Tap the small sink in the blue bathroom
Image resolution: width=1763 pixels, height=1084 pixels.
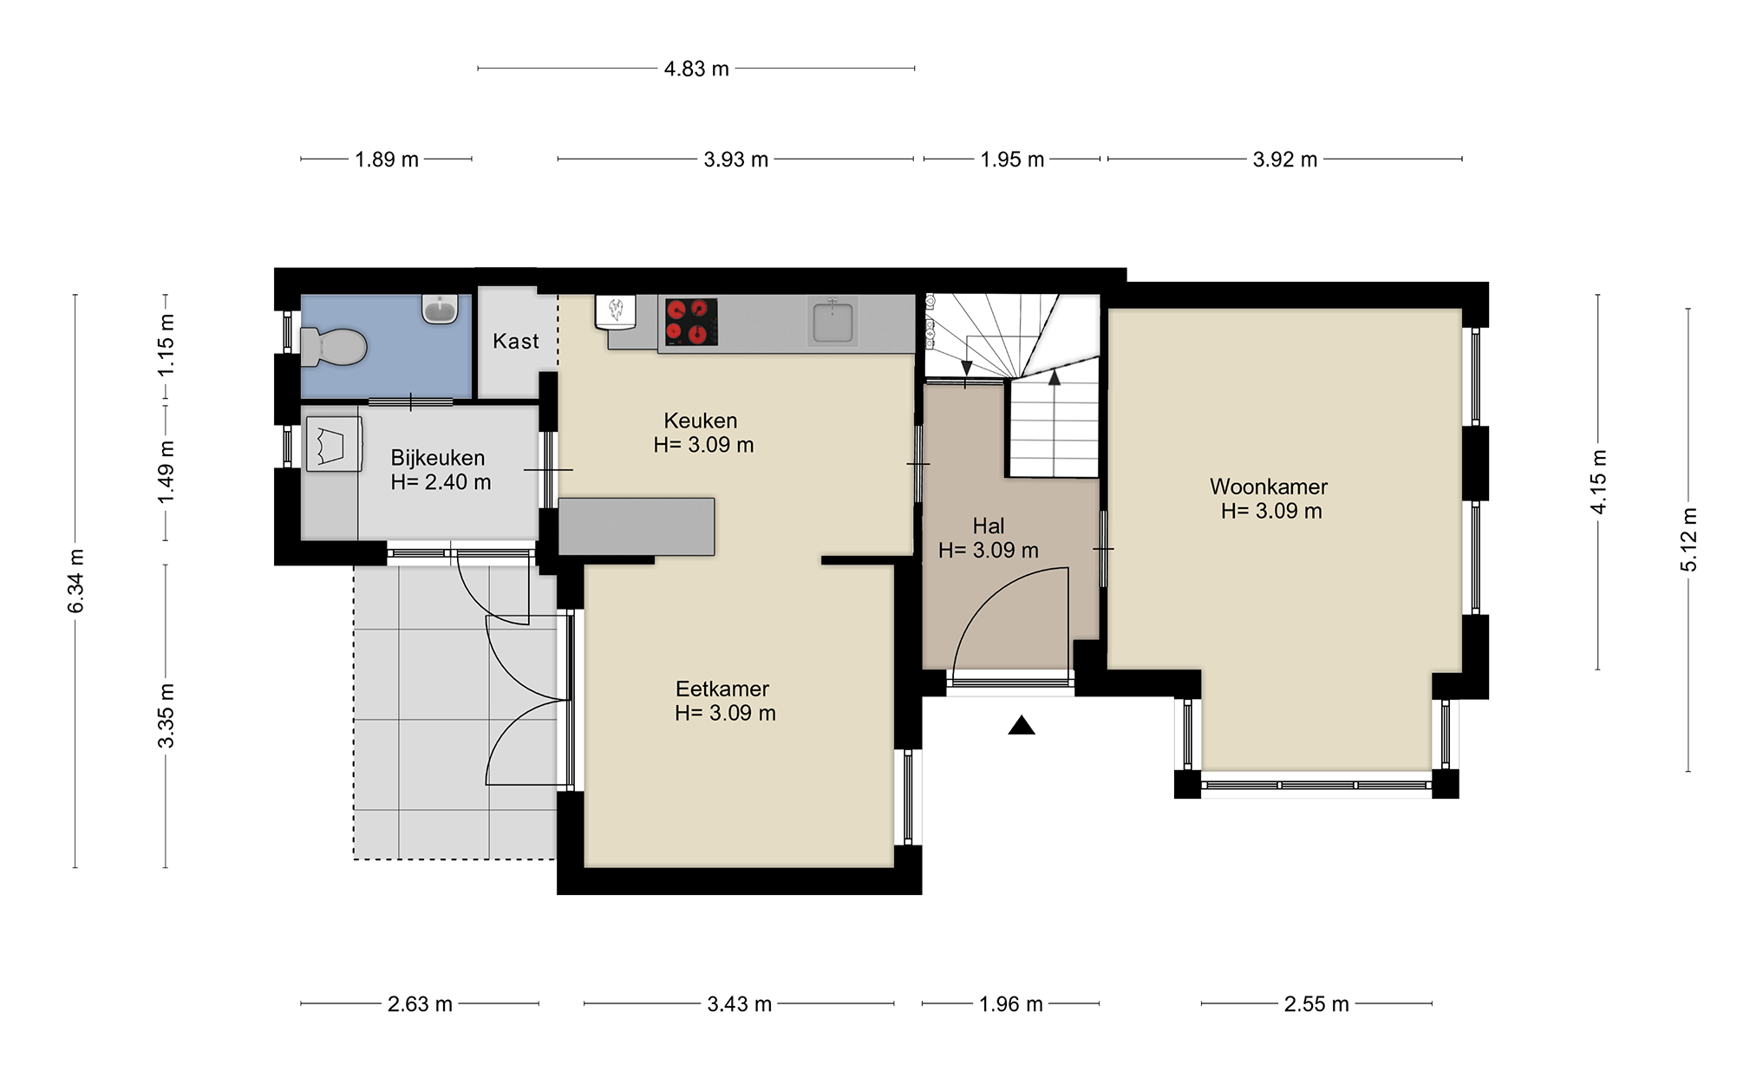click(x=441, y=309)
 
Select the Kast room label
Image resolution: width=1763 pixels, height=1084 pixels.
click(x=516, y=342)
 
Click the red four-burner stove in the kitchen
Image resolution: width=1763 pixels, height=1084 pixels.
click(x=691, y=322)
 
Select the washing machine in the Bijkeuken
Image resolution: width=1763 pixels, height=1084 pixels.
click(x=333, y=445)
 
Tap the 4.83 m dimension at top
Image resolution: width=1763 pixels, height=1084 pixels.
click(x=696, y=69)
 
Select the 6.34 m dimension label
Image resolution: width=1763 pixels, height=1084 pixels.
click(x=76, y=581)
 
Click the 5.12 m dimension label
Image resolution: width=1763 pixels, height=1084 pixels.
click(x=1688, y=539)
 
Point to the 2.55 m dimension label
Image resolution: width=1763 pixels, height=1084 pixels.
click(x=1316, y=1004)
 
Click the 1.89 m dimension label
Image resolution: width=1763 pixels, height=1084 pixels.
click(x=386, y=160)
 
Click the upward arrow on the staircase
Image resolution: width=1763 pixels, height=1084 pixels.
click(x=1054, y=379)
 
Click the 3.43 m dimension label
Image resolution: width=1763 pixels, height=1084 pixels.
click(x=739, y=1004)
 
